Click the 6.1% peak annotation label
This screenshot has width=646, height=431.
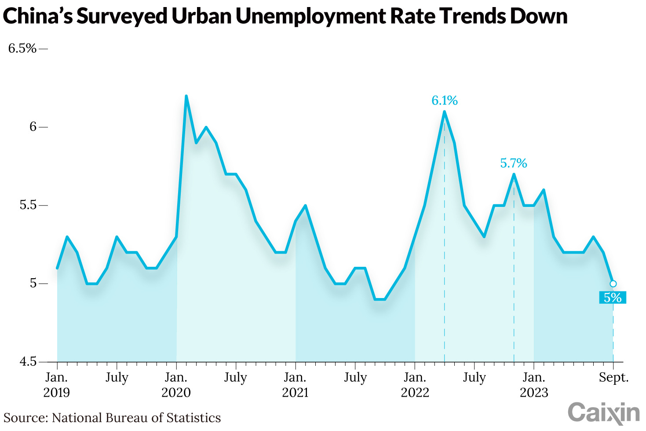tap(444, 101)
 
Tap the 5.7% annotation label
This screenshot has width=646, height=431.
tap(513, 164)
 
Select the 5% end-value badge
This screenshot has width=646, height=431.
tap(612, 298)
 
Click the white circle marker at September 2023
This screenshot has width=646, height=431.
tap(613, 284)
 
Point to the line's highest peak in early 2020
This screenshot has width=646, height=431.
tap(186, 96)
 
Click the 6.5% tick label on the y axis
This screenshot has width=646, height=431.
tap(22, 48)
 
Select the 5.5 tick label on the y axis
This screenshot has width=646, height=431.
tap(28, 206)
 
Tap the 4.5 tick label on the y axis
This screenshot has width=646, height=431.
tap(28, 362)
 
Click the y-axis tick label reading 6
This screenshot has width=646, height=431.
tap(33, 127)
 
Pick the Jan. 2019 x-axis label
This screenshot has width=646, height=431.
tap(57, 385)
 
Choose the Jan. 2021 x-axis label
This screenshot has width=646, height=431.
tap(295, 385)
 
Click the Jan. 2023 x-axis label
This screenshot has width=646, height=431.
tap(533, 385)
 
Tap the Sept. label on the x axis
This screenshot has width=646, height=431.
tap(613, 378)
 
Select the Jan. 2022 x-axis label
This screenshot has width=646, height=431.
tap(414, 385)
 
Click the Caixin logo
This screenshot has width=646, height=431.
tap(603, 413)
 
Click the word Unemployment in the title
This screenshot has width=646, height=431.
tap(307, 16)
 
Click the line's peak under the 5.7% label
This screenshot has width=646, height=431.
tap(514, 174)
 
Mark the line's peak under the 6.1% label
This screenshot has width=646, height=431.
tap(444, 111)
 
